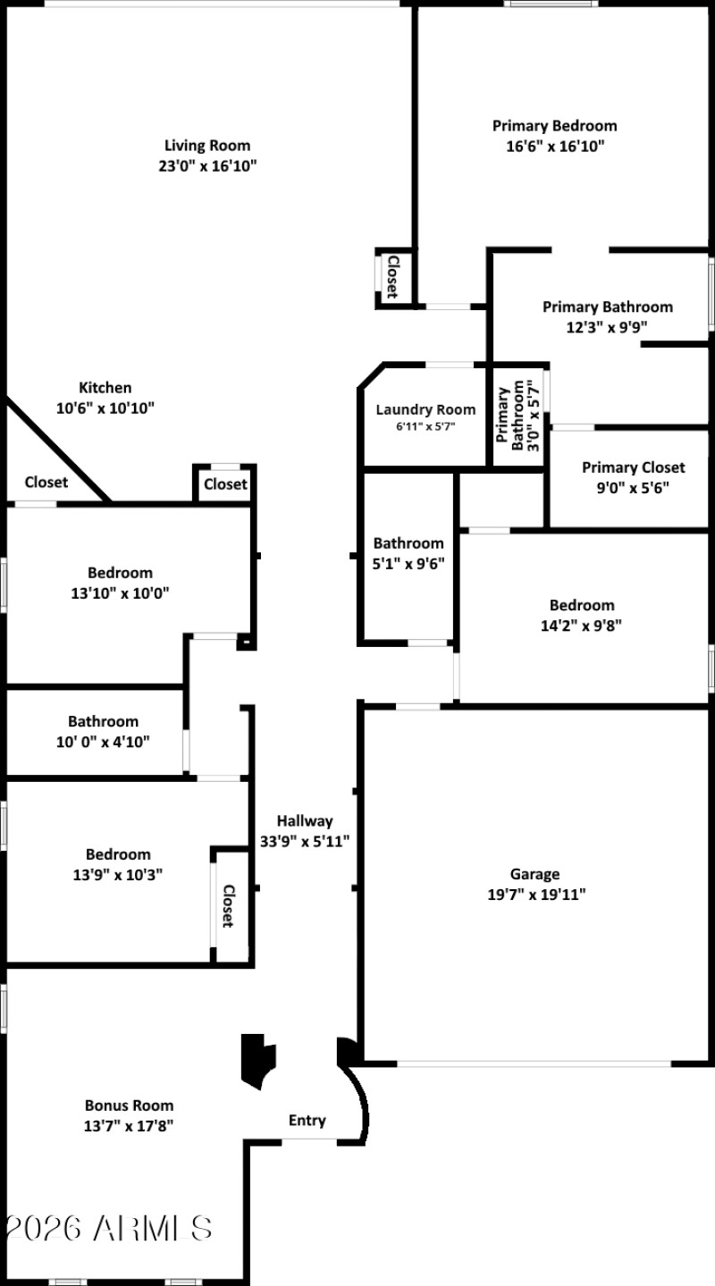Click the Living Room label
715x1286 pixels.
206,145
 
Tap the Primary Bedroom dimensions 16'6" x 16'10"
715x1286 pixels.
555,146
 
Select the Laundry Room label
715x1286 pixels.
425,409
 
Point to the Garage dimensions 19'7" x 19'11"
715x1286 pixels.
535,893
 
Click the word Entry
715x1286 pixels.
307,1120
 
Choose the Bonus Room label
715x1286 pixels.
129,1105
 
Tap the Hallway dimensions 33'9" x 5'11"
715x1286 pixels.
304,840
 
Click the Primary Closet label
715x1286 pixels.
633,467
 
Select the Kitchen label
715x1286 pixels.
105,387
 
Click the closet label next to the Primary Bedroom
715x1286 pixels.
391,275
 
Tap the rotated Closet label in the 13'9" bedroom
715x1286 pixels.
228,905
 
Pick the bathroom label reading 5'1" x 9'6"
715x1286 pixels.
408,563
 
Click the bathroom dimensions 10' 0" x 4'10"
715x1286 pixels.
103,741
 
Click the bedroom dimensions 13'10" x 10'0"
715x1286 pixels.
120,593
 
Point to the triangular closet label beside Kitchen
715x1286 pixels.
46,483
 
